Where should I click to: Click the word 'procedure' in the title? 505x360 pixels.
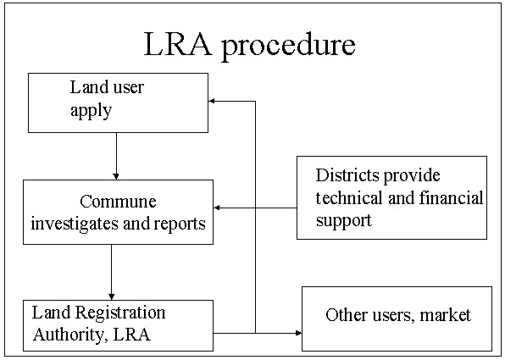coord(289,46)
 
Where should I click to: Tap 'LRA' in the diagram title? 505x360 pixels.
coord(178,43)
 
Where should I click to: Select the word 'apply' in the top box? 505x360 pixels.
coord(91,111)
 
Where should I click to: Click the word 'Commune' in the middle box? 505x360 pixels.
coord(118,202)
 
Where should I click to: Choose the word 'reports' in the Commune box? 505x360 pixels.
coord(180,224)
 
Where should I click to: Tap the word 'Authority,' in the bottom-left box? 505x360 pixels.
coord(69,335)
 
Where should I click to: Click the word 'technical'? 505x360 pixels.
coord(350,197)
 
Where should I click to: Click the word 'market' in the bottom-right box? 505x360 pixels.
coord(446,315)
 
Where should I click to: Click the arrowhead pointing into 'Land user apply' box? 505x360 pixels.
coord(212,101)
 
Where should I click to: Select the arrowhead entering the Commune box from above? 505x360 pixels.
coord(116,176)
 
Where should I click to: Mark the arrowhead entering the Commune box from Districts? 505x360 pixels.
coord(217,208)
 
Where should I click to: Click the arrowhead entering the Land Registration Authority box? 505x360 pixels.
coord(112,296)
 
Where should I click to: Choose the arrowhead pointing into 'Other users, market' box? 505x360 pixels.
coord(298,333)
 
